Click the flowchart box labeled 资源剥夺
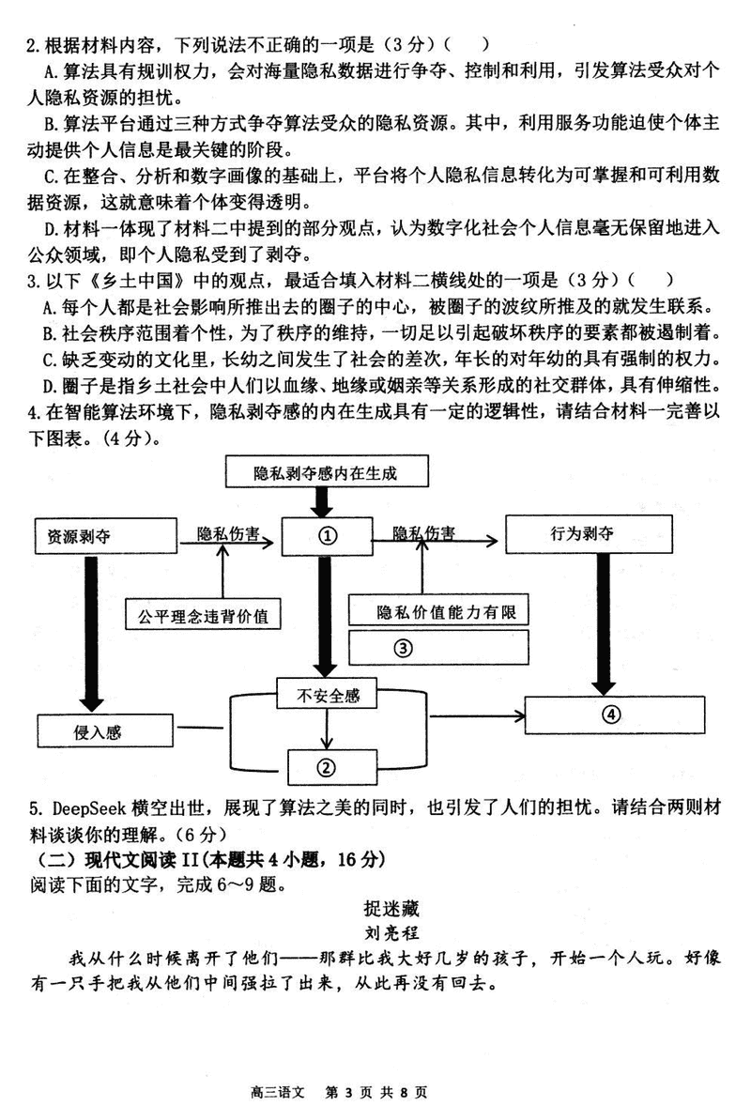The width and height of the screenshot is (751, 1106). pyautogui.click(x=104, y=535)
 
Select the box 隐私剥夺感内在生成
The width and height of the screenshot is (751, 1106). pyautogui.click(x=324, y=472)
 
